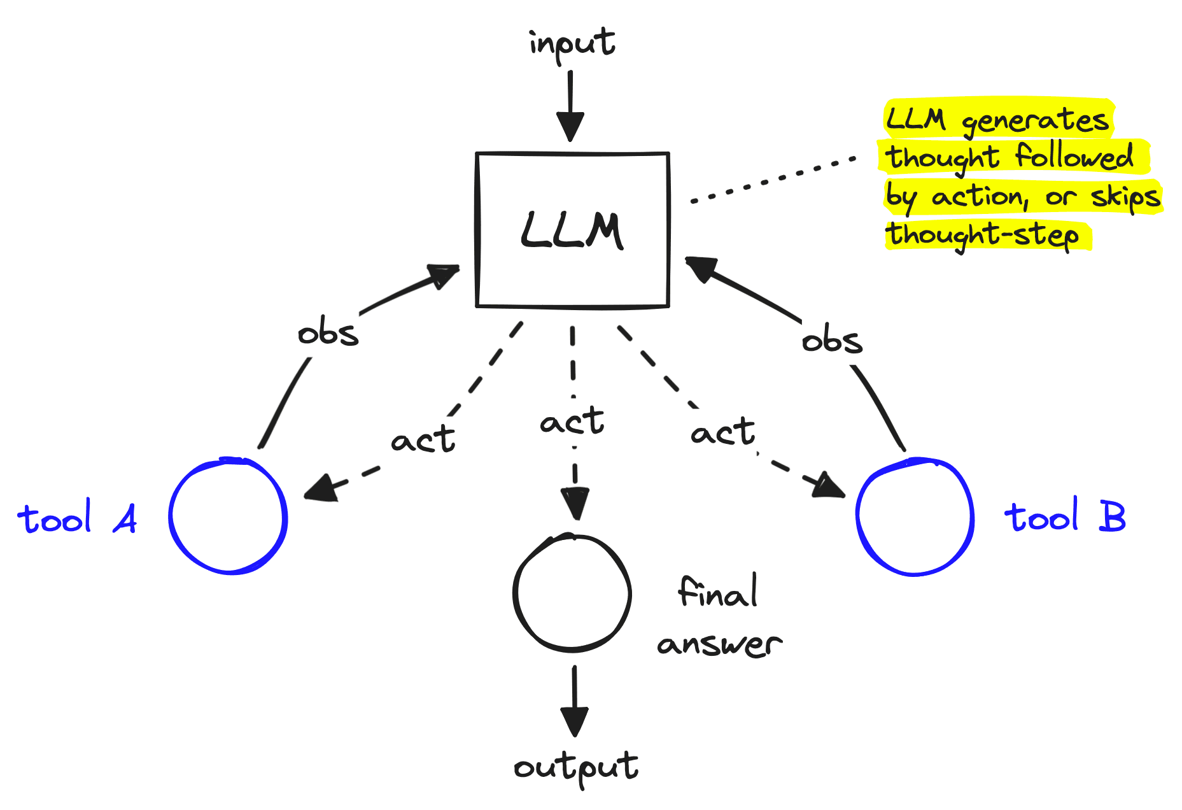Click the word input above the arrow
tap(572, 43)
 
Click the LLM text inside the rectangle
tap(572, 231)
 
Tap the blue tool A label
tap(77, 518)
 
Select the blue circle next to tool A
tap(228, 516)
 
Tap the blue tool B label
tap(1065, 516)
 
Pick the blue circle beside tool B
tap(915, 517)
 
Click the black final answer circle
tap(572, 593)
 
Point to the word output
tap(575, 767)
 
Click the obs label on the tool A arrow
tap(328, 334)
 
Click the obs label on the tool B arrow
tap(832, 341)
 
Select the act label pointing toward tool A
tap(423, 440)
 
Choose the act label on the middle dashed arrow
tap(572, 422)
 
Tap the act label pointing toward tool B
tap(723, 432)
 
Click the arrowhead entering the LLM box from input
tap(570, 126)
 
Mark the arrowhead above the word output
tap(574, 720)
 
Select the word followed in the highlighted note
tap(1074, 157)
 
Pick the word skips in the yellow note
tap(1125, 197)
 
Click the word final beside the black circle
tap(717, 593)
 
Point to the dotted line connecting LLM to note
tap(773, 180)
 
